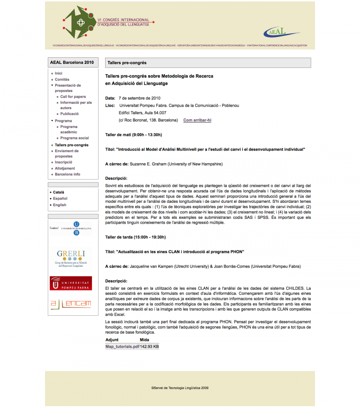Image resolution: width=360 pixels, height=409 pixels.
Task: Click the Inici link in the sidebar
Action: tap(59, 73)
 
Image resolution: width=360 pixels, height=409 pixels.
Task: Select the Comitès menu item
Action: tap(62, 79)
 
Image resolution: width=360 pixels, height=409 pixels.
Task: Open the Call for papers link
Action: tap(73, 97)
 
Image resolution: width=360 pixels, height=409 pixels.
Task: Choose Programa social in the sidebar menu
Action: tap(74, 138)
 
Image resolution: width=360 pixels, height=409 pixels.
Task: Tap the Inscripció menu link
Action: tap(63, 162)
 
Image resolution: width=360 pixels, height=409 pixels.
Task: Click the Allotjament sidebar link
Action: tap(65, 169)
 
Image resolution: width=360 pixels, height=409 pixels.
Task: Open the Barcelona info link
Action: tap(67, 174)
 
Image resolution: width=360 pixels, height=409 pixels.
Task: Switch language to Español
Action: tap(60, 198)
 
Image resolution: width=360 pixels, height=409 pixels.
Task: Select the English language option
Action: tap(59, 205)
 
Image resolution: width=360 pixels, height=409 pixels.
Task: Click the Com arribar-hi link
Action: tap(197, 120)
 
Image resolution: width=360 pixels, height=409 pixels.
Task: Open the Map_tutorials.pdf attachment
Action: tap(122, 347)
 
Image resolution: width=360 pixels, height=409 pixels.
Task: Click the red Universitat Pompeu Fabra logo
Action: tap(71, 283)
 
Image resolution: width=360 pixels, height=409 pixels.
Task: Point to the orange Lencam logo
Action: tap(70, 303)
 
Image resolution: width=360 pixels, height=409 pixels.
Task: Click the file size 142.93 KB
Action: tap(149, 347)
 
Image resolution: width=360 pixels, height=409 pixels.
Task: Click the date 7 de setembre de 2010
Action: tap(139, 98)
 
